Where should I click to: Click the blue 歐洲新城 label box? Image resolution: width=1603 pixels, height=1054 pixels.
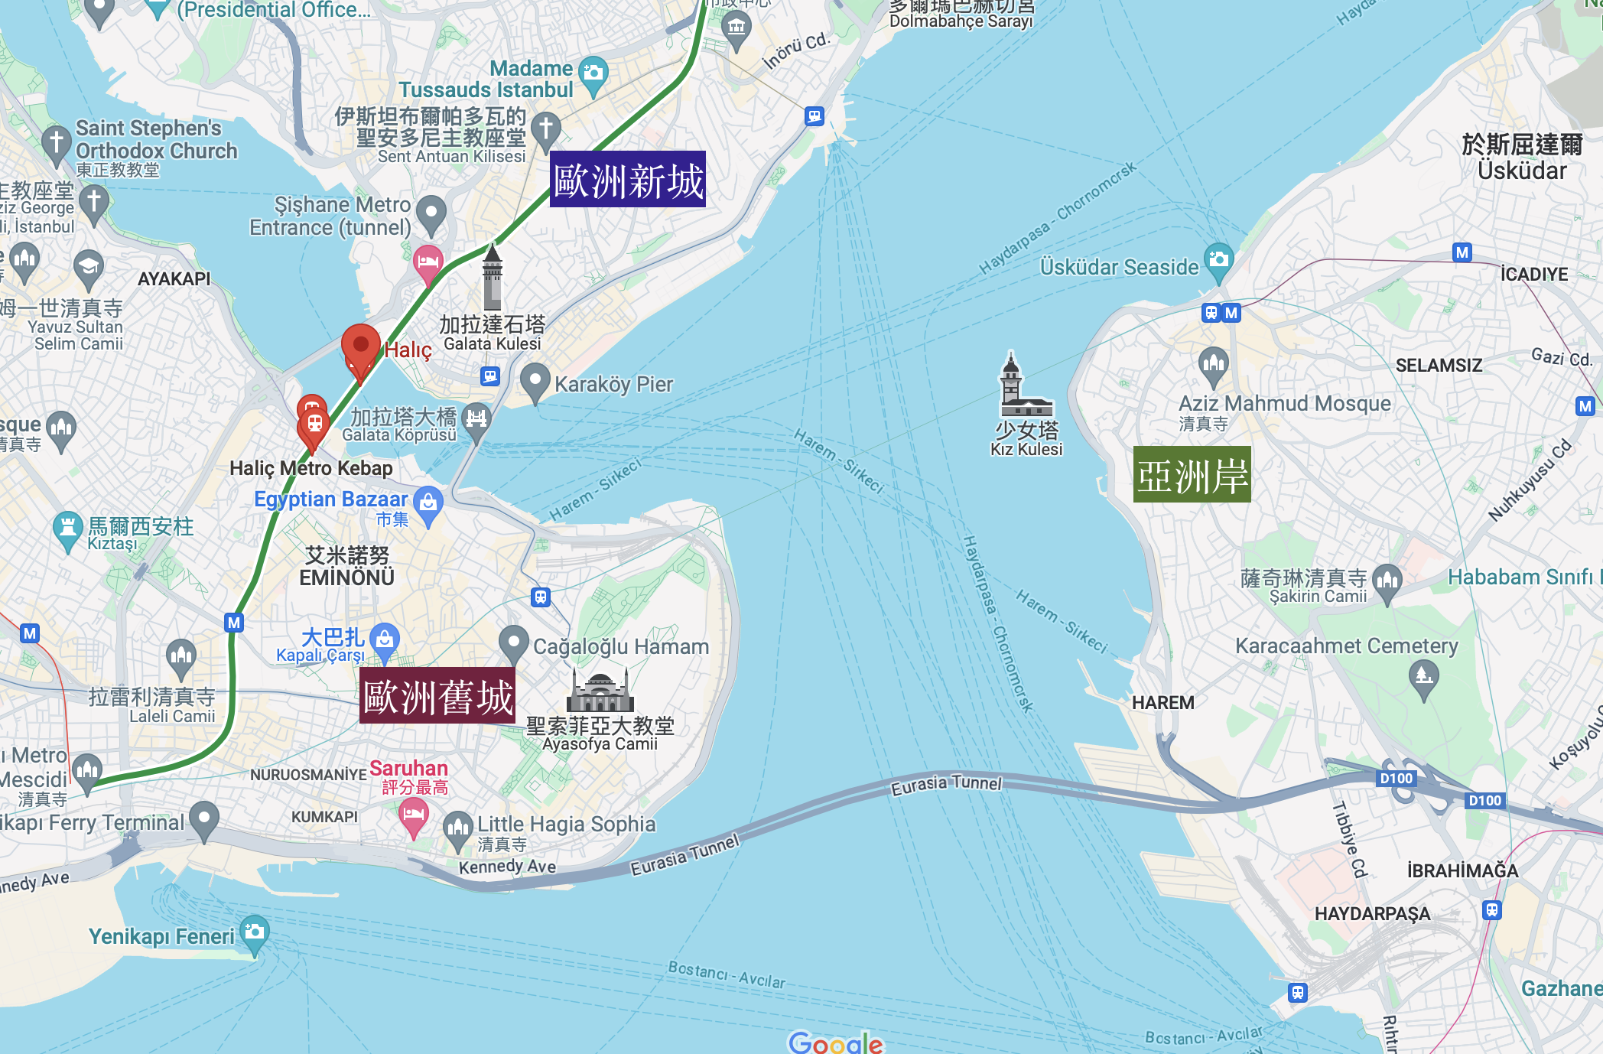click(627, 180)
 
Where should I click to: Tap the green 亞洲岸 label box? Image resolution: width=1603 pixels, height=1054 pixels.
click(1192, 474)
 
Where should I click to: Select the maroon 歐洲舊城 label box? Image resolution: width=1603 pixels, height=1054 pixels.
click(437, 696)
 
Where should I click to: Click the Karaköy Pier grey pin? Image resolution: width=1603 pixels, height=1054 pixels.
click(535, 380)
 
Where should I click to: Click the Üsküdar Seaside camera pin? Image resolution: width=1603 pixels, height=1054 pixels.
click(1218, 261)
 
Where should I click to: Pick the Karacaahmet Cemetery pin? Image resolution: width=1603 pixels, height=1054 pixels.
click(1423, 678)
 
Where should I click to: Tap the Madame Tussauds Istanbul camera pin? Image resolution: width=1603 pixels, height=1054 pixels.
click(593, 74)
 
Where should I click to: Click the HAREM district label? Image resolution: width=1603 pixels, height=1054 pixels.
click(1162, 702)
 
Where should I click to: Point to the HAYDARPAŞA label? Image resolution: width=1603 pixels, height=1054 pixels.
click(1372, 913)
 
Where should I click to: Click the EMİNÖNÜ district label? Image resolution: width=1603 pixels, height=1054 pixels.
click(347, 577)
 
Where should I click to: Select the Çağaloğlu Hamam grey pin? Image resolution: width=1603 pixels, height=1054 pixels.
click(514, 643)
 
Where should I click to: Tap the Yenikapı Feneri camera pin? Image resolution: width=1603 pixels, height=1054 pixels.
click(254, 933)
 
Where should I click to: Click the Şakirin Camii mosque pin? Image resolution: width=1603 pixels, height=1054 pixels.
click(1387, 582)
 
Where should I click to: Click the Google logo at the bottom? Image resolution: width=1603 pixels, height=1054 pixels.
click(835, 1043)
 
